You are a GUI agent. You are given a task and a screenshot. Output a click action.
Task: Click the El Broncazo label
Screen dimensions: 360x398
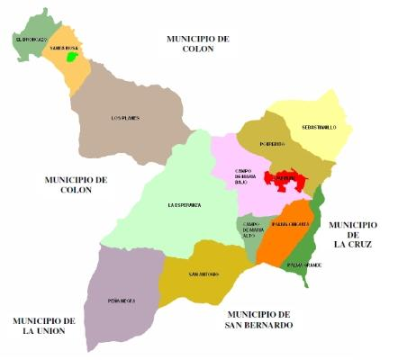30,40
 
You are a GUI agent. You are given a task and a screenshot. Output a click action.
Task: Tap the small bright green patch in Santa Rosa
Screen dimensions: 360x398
73,58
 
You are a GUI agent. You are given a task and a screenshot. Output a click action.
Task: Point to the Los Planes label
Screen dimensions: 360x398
124,118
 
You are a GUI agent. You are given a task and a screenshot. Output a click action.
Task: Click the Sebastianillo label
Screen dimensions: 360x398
319,128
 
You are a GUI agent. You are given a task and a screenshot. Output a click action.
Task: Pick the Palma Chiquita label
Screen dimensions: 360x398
290,223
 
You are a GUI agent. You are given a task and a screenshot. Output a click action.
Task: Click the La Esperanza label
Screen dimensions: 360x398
184,205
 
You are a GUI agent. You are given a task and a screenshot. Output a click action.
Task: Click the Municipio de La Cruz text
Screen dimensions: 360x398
353,234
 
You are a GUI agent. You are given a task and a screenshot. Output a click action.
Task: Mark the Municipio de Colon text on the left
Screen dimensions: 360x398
76,184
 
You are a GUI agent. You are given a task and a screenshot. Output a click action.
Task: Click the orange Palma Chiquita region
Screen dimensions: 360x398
281,241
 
